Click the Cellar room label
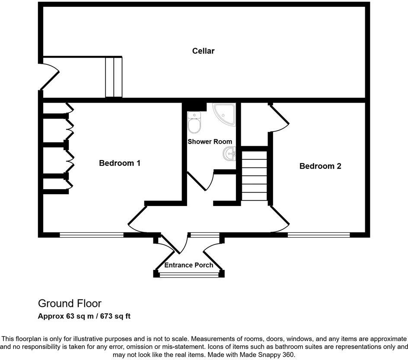tap(203, 51)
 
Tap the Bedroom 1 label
tap(120, 163)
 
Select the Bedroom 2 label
tap(320, 166)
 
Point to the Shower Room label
tap(210, 141)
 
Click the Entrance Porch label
tap(189, 265)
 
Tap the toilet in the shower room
tap(194, 122)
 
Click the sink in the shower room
tap(229, 153)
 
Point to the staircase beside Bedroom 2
tap(254, 175)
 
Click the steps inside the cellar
tap(114, 77)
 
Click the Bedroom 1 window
tap(91, 235)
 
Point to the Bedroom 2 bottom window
tap(319, 235)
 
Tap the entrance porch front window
tap(189, 274)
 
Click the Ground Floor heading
tap(70, 303)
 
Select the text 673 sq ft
tap(115, 316)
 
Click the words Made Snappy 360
tap(269, 354)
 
